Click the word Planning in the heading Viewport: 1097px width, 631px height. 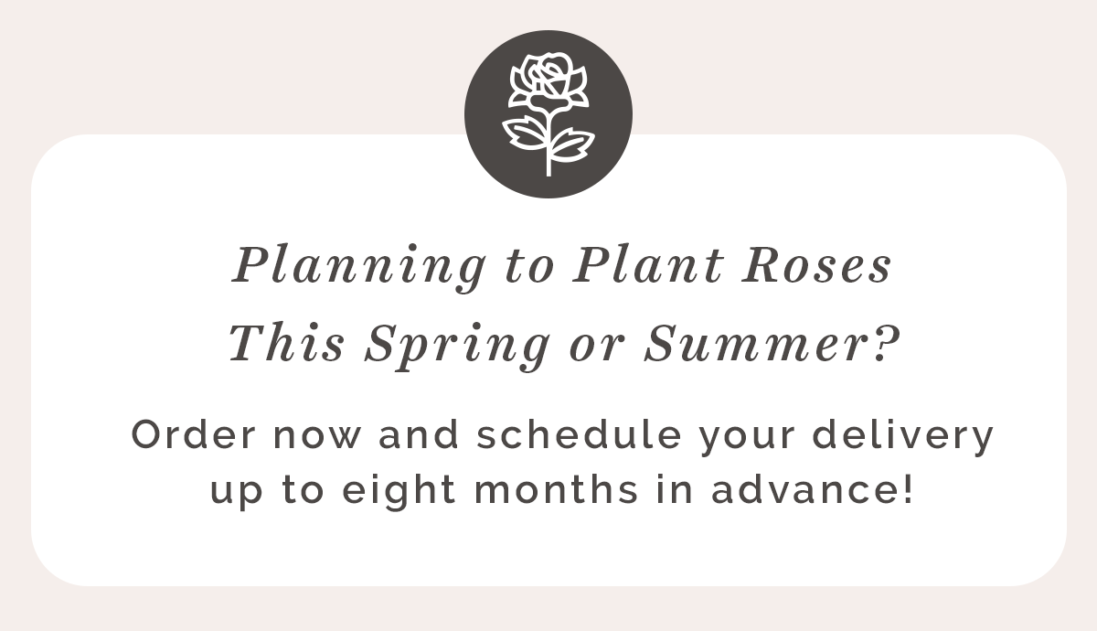tap(359, 268)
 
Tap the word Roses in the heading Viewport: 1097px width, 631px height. tap(815, 265)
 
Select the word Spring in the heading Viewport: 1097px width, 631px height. tap(457, 347)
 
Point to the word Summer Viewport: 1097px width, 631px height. tap(756, 344)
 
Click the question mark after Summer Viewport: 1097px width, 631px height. tap(887, 343)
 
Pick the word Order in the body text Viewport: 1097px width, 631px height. tap(194, 434)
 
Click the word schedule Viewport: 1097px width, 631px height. tap(579, 434)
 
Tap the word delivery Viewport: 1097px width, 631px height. tap(902, 437)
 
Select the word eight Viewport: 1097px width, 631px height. tap(399, 491)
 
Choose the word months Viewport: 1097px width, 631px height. tap(557, 489)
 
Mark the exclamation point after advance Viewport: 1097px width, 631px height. tap(909, 488)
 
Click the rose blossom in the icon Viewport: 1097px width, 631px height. tap(548, 82)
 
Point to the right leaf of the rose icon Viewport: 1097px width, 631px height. tap(572, 144)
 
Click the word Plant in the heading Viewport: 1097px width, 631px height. tap(648, 263)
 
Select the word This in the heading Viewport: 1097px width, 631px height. tap(286, 342)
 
